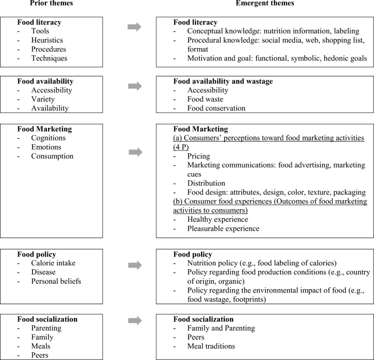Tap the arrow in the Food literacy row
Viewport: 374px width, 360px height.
134,27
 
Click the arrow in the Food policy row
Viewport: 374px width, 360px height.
134,265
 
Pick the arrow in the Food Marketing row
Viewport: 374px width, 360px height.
134,151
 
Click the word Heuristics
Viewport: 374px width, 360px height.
47,40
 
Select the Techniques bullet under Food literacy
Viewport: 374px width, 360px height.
50,58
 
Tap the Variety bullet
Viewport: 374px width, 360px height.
44,100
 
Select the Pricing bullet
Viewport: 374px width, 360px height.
199,156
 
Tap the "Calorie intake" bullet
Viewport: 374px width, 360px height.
54,263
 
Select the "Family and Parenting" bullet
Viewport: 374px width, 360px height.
221,328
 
